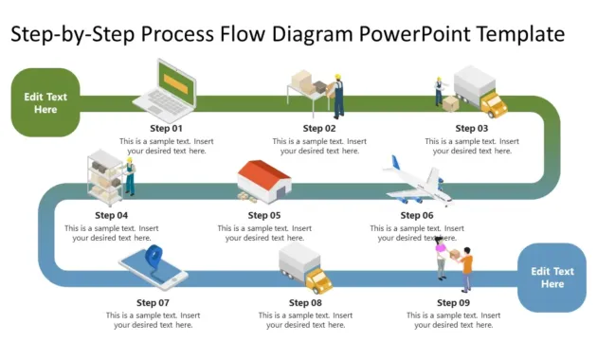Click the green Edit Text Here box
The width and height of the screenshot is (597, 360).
point(45,102)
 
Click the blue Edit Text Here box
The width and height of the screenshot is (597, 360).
point(552,278)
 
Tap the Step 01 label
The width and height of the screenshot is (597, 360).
point(166,128)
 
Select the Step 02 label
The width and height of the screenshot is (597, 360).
point(319,128)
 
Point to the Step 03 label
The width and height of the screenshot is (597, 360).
point(472,128)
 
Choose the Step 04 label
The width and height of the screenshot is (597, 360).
point(111,215)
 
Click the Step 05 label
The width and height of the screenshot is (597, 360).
point(264,215)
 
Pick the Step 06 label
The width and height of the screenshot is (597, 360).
point(417,215)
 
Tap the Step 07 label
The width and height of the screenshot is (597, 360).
point(153,302)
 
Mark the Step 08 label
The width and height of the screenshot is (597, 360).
point(305,302)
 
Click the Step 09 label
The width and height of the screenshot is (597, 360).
point(453,302)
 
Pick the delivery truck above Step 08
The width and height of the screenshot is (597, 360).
point(306,269)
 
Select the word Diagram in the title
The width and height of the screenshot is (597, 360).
point(314,35)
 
